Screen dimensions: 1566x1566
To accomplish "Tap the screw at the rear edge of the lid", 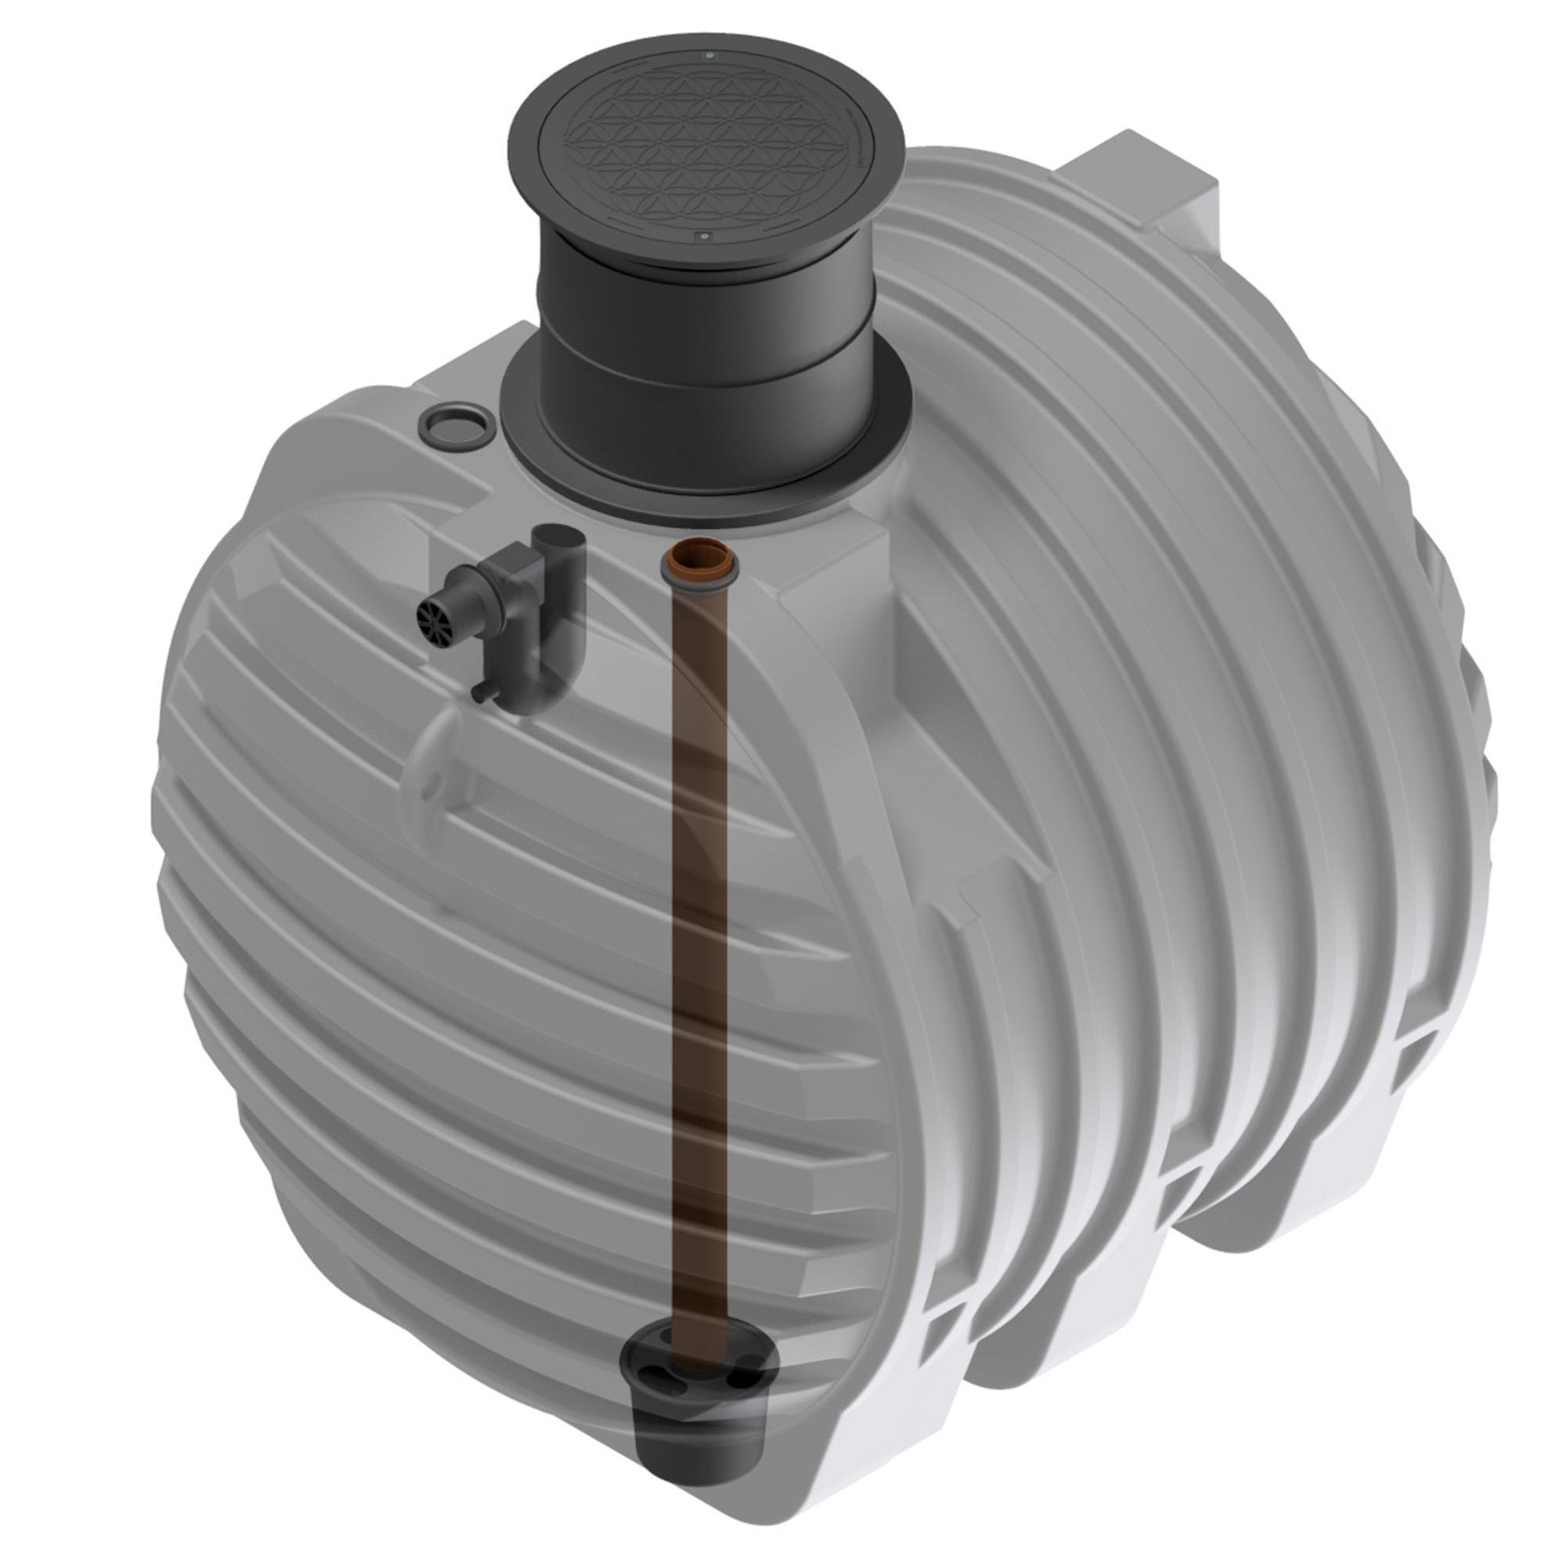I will pos(710,56).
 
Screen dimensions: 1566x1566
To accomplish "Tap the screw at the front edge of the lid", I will pos(701,236).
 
